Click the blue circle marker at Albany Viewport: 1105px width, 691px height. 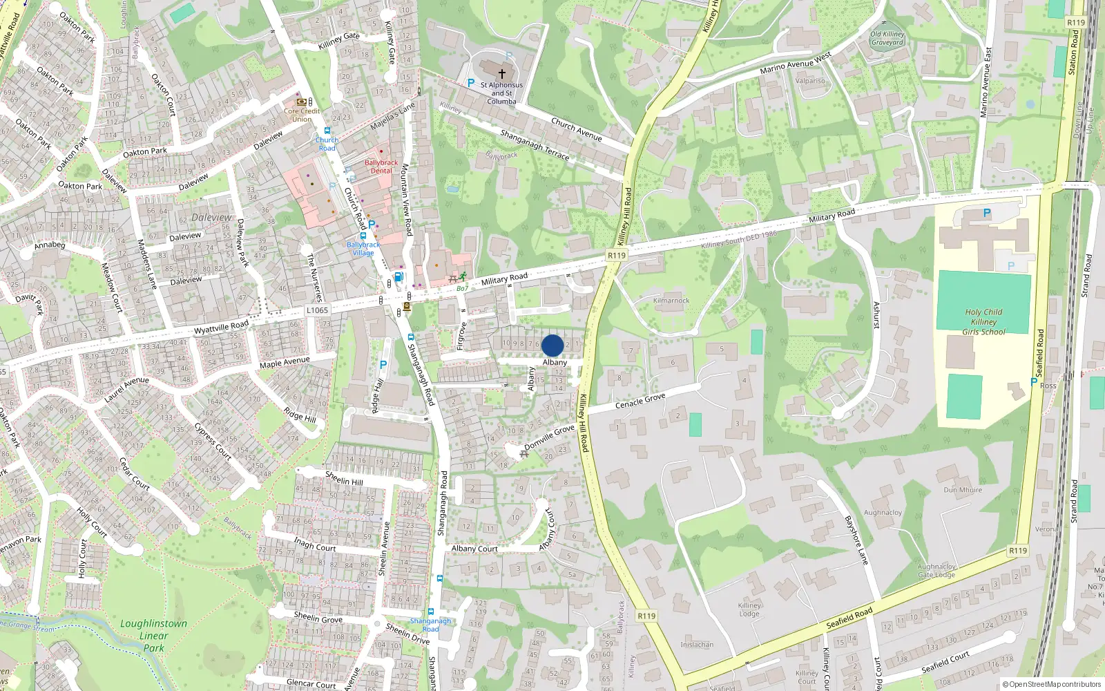(552, 345)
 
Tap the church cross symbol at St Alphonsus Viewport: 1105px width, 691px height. (502, 73)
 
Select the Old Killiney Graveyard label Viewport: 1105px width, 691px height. (887, 38)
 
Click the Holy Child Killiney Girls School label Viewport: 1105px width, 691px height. (983, 322)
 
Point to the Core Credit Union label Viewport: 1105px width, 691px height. (302, 115)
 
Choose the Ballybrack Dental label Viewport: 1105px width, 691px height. (381, 167)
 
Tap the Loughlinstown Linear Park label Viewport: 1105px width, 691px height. (153, 636)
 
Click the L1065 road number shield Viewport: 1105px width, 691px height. (317, 310)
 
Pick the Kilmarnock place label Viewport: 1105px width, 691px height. (671, 301)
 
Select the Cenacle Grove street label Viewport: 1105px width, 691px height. (640, 401)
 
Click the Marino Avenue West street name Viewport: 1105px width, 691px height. (796, 63)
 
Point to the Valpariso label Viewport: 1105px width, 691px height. (810, 81)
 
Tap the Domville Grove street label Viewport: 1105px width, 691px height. (549, 437)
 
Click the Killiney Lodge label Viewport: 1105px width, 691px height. (749, 609)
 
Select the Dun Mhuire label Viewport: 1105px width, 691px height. (963, 490)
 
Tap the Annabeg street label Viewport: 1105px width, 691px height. (50, 245)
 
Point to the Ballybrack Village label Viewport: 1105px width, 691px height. (363, 249)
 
